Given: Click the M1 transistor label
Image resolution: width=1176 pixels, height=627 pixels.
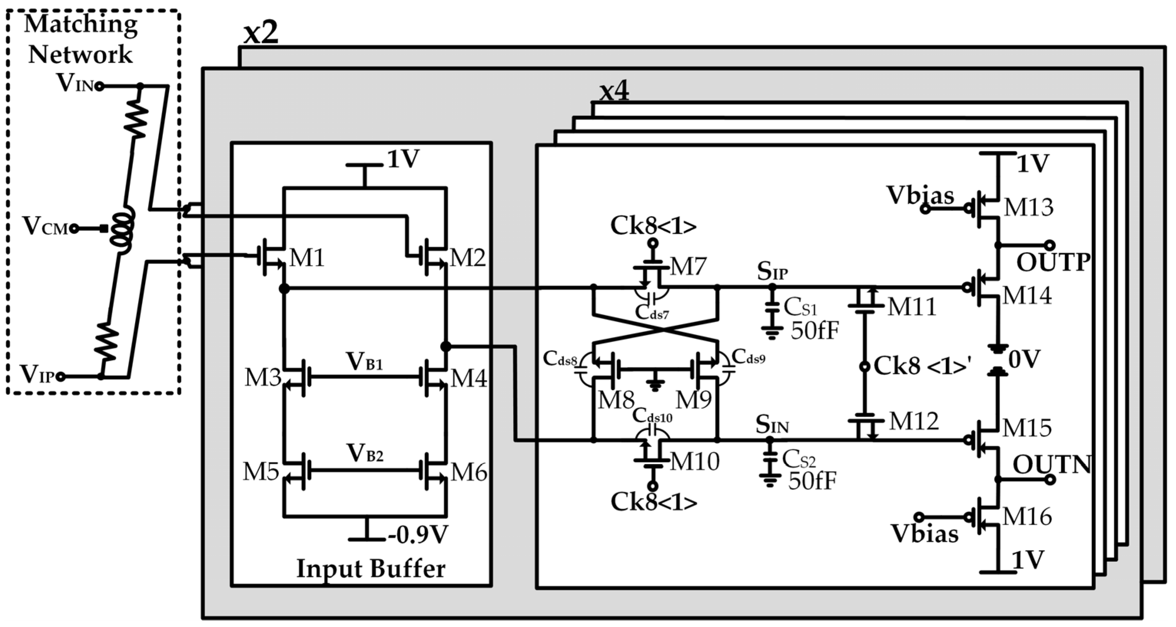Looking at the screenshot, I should pos(307,258).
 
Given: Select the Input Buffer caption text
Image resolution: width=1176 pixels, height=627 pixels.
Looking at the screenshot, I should pos(371,569).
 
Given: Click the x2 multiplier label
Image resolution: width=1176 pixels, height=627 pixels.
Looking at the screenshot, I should pos(260,33).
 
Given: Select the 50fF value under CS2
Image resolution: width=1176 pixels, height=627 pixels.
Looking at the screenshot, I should pos(812,481).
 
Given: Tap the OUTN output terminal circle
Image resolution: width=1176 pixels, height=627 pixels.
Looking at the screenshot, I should pos(1050,479).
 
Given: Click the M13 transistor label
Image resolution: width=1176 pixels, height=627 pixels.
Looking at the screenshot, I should pos(1028,207).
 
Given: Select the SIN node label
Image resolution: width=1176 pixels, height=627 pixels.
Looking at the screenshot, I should pos(772,424).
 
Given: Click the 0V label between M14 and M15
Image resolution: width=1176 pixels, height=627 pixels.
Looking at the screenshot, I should pos(1024,360).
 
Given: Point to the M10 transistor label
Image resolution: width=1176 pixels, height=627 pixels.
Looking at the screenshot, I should pos(694,462).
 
